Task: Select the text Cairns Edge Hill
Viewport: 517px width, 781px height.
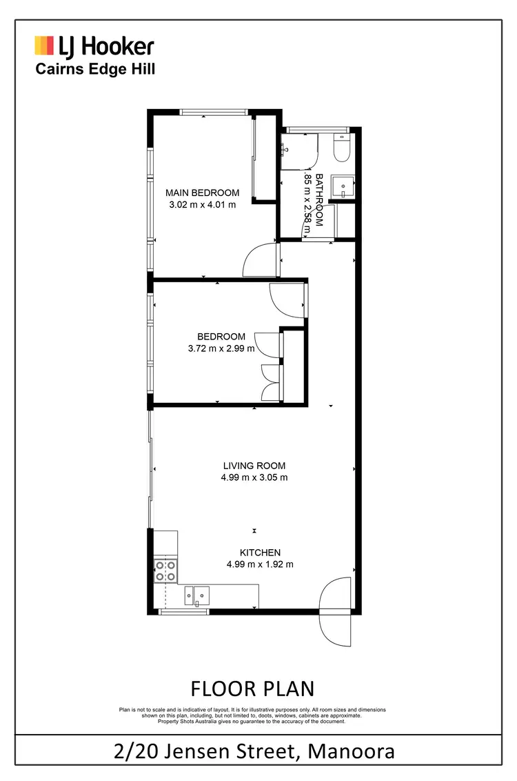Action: (95, 68)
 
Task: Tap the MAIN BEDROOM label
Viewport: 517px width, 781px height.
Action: (203, 192)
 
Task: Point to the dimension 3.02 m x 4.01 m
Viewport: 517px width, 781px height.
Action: (203, 204)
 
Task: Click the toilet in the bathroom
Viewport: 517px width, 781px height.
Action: (341, 147)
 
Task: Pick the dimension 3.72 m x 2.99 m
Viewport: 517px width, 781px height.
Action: (222, 348)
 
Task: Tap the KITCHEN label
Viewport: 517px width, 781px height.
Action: (260, 552)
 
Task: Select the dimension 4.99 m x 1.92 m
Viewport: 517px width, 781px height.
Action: (260, 564)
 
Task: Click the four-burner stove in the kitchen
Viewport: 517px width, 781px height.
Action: (165, 571)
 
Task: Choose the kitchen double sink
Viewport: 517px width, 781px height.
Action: (197, 593)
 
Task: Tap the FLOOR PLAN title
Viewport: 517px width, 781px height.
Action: (252, 689)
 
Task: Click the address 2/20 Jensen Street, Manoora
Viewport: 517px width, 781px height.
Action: (255, 750)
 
